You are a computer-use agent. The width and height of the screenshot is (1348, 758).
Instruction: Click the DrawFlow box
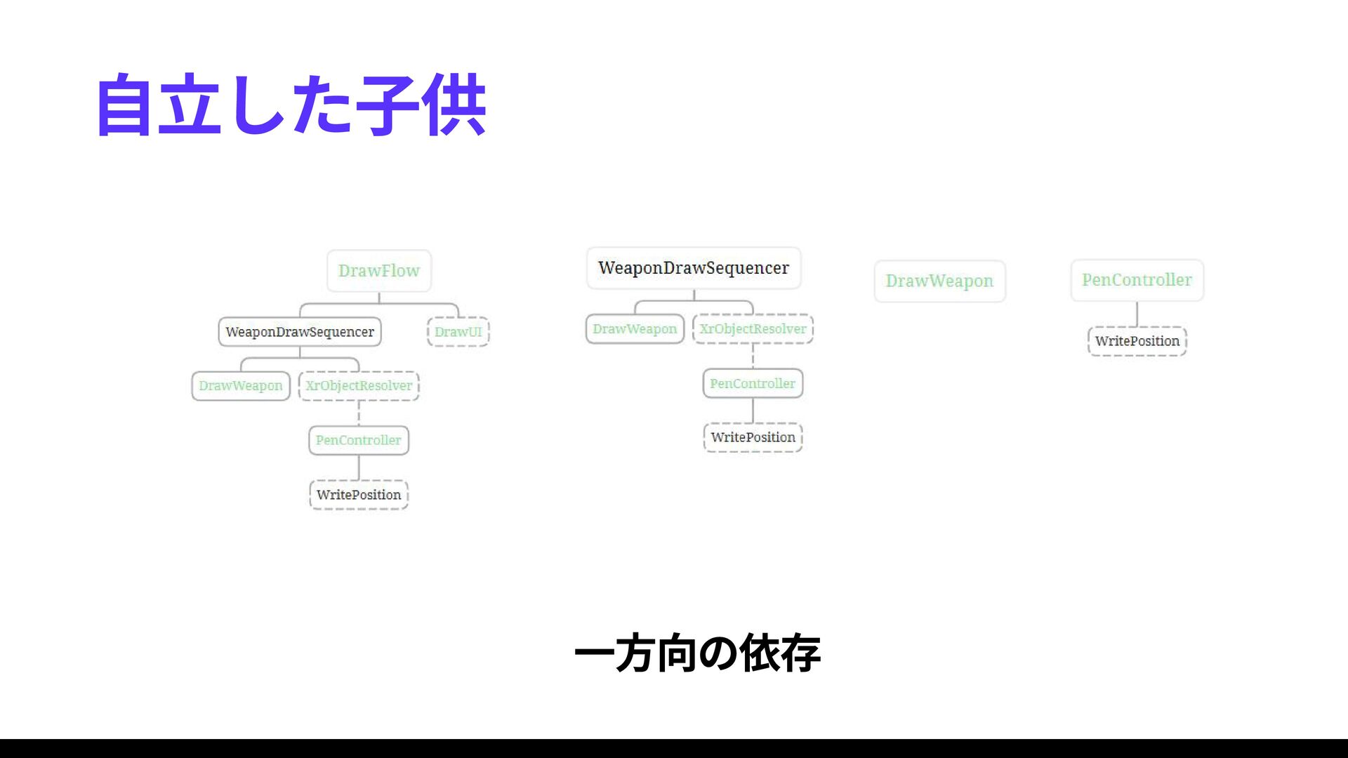(x=379, y=271)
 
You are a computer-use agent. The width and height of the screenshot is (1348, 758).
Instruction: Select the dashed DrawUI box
(x=458, y=332)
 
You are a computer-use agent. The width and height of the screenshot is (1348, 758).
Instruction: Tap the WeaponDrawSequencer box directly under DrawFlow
(x=300, y=332)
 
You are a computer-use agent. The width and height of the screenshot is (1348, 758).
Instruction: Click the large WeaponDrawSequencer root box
(x=694, y=268)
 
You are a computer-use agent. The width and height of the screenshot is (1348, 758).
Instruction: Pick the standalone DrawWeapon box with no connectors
(x=939, y=281)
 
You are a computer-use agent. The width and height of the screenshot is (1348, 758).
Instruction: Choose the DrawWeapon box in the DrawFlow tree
(x=241, y=386)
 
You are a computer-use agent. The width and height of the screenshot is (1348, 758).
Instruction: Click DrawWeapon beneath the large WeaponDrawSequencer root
(x=635, y=329)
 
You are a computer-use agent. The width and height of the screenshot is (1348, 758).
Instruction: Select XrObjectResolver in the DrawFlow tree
(x=359, y=386)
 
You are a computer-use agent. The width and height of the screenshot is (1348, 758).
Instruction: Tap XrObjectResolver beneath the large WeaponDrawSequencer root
(x=753, y=329)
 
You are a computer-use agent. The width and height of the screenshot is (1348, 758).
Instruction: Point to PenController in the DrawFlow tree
(x=359, y=440)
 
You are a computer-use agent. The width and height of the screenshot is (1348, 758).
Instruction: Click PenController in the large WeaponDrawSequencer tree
(x=753, y=384)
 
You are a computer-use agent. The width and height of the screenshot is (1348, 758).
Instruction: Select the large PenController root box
(x=1137, y=280)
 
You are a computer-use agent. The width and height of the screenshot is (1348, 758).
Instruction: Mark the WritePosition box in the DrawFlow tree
(x=359, y=495)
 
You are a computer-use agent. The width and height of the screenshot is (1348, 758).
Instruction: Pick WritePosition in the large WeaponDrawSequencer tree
(x=753, y=437)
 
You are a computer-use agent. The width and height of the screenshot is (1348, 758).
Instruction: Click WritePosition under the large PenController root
(x=1137, y=341)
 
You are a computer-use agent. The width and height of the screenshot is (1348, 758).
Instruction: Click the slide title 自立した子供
(x=291, y=105)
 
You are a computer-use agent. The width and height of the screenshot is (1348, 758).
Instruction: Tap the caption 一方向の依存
(x=697, y=653)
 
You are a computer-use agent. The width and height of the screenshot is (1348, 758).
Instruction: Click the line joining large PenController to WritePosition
(x=1137, y=314)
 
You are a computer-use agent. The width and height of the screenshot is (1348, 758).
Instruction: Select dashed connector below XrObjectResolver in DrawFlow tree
(x=359, y=413)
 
